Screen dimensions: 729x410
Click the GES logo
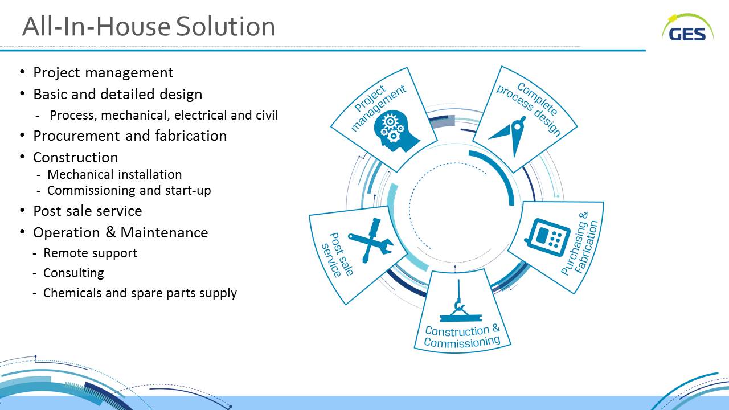(x=687, y=28)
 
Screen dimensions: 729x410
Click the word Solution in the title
(x=226, y=26)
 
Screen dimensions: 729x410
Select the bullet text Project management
(x=103, y=73)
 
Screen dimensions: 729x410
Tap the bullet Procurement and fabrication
(x=130, y=136)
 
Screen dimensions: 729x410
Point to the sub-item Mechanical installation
(x=114, y=175)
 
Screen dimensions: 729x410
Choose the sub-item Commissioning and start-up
(x=129, y=191)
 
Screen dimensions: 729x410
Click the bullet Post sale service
(x=88, y=211)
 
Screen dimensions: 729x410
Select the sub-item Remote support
(x=90, y=253)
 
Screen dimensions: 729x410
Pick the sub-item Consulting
(x=73, y=273)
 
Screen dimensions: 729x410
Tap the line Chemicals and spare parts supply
(x=140, y=293)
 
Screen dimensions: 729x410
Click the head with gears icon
(x=395, y=131)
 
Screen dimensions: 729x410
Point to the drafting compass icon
(x=509, y=136)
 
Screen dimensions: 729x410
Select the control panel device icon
(x=548, y=237)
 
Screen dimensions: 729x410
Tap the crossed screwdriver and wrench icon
(x=371, y=240)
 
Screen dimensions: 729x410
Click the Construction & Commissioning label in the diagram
(x=462, y=336)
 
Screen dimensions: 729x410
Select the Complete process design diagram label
(x=529, y=108)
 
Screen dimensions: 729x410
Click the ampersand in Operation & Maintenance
(x=110, y=232)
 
